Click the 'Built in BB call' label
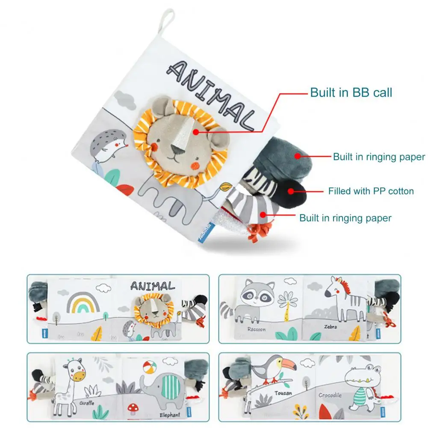(351, 92)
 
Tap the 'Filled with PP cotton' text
(371, 191)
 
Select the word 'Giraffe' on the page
(87, 403)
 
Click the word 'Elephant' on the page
(170, 414)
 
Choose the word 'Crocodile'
(330, 396)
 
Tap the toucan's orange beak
(286, 364)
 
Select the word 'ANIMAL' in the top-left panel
(152, 286)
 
